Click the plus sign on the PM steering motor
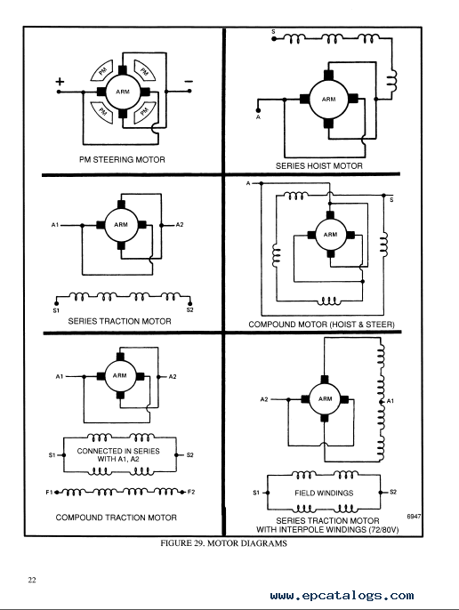[x=60, y=81]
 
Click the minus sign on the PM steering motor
[x=189, y=81]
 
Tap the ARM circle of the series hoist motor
[x=328, y=100]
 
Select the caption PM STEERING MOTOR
[x=122, y=159]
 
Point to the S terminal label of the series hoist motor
[x=273, y=31]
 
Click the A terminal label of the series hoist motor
[x=258, y=117]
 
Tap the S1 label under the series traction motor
[x=56, y=310]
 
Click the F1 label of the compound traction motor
[x=49, y=492]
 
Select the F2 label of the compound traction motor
[x=191, y=492]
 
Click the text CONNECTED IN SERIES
[x=118, y=451]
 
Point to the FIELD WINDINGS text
[x=324, y=493]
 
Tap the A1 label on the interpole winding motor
[x=391, y=401]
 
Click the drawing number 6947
[x=414, y=517]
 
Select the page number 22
[x=32, y=580]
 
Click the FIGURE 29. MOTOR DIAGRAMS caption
[x=223, y=543]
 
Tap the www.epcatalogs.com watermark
[x=342, y=596]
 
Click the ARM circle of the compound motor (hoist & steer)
[x=330, y=235]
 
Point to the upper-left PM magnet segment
[x=102, y=70]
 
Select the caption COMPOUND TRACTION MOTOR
[x=116, y=518]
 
